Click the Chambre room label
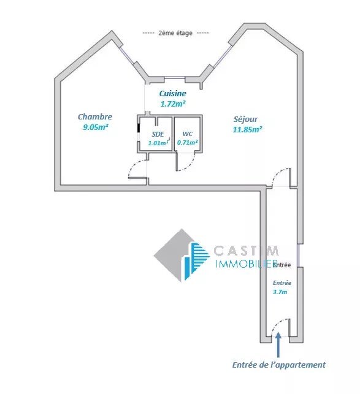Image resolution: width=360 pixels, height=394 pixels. (x=95, y=116)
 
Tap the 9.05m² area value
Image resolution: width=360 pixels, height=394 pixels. (x=96, y=127)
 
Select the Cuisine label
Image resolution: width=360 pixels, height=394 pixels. (x=173, y=94)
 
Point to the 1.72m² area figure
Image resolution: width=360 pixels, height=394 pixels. (x=173, y=104)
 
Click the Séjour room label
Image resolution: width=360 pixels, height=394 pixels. (x=245, y=119)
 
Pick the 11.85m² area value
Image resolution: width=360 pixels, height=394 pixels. (x=248, y=130)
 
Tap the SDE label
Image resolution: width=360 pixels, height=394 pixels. (x=158, y=134)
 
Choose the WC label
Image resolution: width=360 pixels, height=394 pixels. (x=188, y=134)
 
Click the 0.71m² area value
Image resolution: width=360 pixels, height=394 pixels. (x=188, y=143)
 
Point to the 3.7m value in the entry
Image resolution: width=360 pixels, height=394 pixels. (x=280, y=292)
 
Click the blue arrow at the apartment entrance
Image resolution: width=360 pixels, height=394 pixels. (x=278, y=344)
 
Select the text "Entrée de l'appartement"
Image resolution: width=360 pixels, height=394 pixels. (x=279, y=365)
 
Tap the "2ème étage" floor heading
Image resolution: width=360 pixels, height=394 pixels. (x=175, y=33)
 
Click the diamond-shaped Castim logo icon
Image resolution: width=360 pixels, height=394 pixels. (x=182, y=256)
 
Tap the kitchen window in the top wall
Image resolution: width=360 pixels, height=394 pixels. (x=175, y=78)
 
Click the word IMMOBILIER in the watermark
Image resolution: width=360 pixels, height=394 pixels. (x=247, y=263)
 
